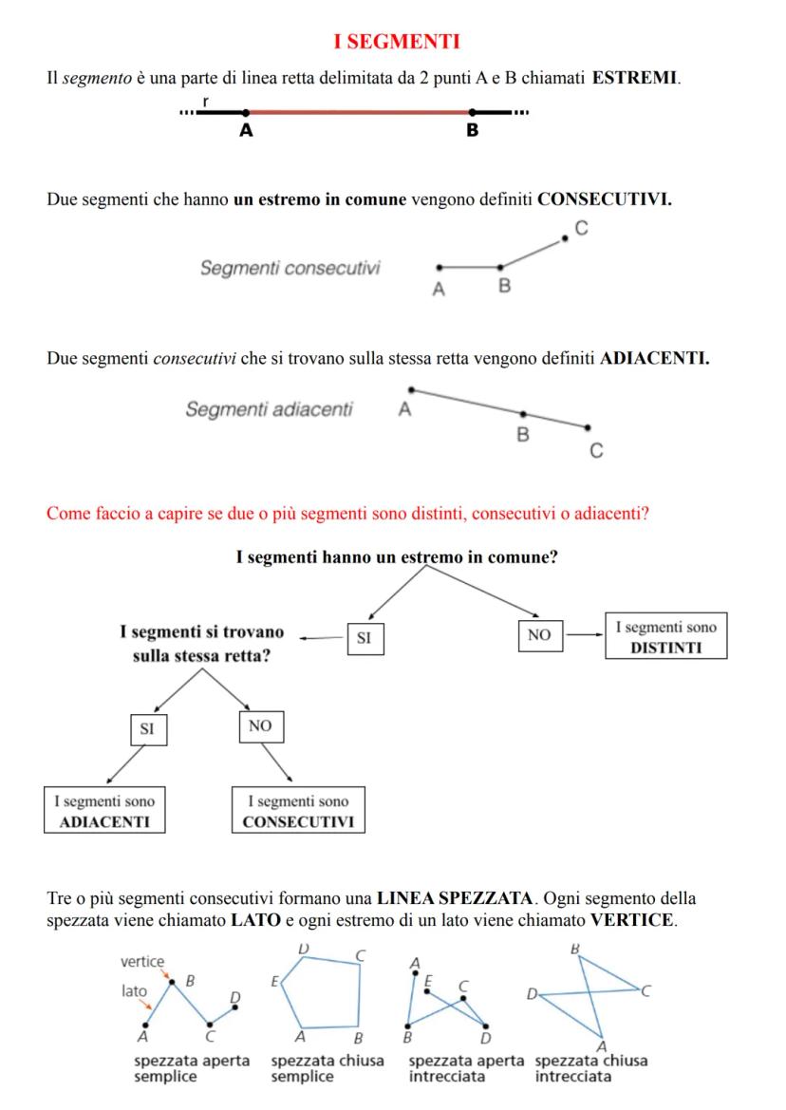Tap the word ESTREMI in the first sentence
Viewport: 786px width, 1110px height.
click(x=635, y=78)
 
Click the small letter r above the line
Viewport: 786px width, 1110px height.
click(x=206, y=101)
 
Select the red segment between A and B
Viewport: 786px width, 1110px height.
click(x=359, y=112)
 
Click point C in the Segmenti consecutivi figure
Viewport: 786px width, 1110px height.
click(x=566, y=238)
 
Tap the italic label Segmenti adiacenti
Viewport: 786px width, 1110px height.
click(x=269, y=410)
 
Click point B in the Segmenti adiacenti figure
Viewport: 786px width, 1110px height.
click(x=522, y=414)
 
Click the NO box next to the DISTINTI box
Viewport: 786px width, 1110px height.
click(x=539, y=636)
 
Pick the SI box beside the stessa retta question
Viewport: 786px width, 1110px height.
click(x=364, y=639)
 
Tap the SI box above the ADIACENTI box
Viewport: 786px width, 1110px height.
click(x=146, y=729)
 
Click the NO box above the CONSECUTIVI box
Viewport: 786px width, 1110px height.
click(x=259, y=725)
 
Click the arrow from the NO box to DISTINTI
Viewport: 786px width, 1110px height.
click(x=585, y=636)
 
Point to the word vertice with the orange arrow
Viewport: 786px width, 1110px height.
click(x=142, y=962)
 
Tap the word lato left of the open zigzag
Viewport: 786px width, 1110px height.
click(x=135, y=990)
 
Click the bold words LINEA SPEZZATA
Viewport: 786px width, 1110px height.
click(x=438, y=896)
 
